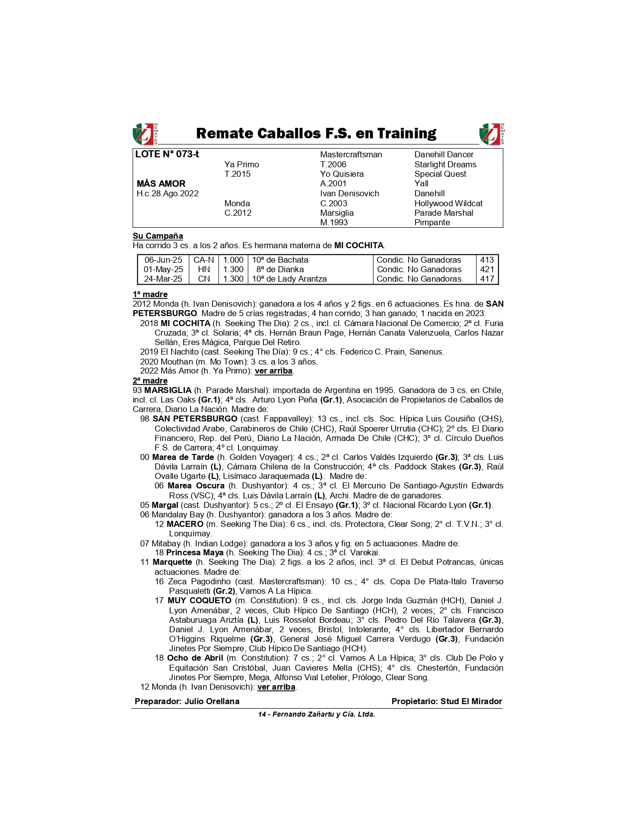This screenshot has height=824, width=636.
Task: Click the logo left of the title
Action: tap(144, 134)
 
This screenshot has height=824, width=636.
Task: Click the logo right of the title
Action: tap(491, 134)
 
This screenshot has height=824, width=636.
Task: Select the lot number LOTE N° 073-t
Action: tap(167, 154)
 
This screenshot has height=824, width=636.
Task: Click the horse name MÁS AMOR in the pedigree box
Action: tap(161, 184)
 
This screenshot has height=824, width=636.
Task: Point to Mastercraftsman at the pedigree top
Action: tap(351, 155)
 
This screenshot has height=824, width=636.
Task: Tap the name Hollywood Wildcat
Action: tap(448, 203)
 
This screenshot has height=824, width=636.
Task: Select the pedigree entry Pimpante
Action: tap(431, 223)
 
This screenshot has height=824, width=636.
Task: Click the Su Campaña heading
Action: tap(158, 236)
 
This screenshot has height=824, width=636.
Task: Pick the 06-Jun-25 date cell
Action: tap(163, 260)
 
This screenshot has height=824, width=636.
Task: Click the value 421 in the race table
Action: tap(487, 270)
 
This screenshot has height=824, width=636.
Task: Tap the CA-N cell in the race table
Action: tap(204, 260)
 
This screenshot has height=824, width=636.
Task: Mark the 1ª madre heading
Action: tap(150, 295)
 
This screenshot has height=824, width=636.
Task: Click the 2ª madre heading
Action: tap(150, 381)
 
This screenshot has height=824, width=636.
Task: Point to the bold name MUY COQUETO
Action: tap(199, 601)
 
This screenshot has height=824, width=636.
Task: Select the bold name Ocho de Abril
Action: tap(195, 658)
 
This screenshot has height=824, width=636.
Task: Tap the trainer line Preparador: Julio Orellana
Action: tap(187, 702)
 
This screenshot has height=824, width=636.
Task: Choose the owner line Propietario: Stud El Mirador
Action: tap(446, 702)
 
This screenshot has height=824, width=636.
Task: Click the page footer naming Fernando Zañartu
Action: tap(316, 715)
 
